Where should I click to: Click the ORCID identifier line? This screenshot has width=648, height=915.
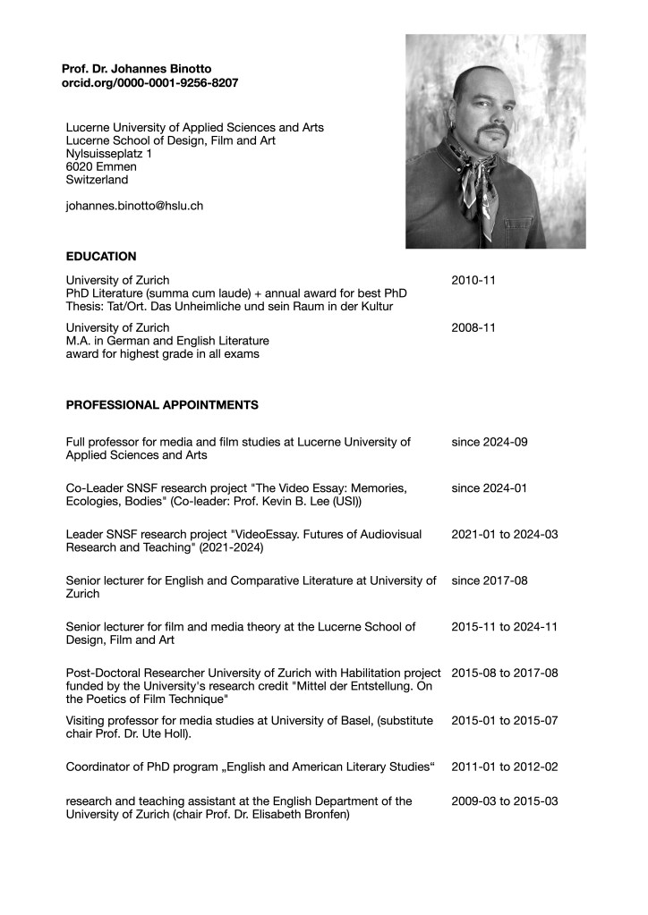coord(149,82)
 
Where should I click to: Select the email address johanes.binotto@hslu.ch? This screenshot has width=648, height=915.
coord(134,206)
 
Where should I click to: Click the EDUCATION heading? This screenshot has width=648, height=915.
coord(101,257)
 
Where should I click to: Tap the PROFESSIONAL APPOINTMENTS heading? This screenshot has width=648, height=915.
coord(162,405)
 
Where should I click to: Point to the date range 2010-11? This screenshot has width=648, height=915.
coord(473,280)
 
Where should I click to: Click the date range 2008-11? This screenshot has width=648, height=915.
coord(473,327)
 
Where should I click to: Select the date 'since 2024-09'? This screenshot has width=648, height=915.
coord(490,442)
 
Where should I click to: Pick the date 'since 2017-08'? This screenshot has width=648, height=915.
coord(490,580)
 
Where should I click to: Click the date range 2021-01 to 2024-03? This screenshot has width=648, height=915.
coord(505,534)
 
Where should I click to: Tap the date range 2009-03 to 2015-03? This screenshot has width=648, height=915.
coord(505,801)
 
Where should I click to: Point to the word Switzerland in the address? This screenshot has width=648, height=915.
coord(97,180)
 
